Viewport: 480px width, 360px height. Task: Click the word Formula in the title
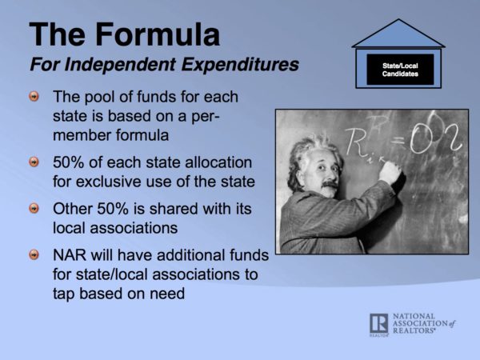(158, 34)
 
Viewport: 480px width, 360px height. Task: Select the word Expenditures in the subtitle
(240, 65)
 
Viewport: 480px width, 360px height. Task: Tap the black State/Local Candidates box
(400, 70)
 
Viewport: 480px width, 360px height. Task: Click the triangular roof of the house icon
(398, 34)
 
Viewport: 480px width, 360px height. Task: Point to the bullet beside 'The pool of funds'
(34, 97)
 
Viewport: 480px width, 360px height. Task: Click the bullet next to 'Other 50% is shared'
(34, 209)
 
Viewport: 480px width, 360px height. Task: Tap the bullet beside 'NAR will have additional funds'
(34, 254)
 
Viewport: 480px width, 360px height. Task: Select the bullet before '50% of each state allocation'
(34, 162)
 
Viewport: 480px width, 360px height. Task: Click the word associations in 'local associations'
(134, 228)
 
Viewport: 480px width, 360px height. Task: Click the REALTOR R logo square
(378, 323)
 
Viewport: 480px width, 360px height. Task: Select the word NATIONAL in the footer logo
(414, 316)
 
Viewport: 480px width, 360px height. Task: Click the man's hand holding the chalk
(390, 172)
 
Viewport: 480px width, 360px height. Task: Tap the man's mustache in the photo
(330, 184)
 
